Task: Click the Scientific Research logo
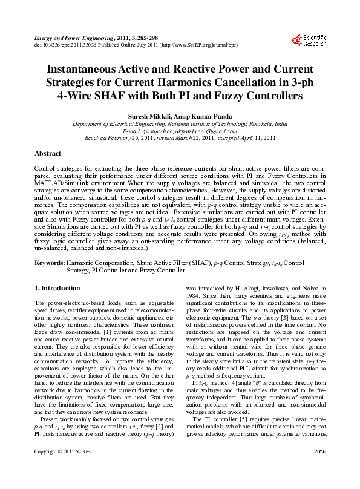coord(309,41)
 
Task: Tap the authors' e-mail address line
coord(180,130)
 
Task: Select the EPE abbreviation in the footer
coord(320,468)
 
